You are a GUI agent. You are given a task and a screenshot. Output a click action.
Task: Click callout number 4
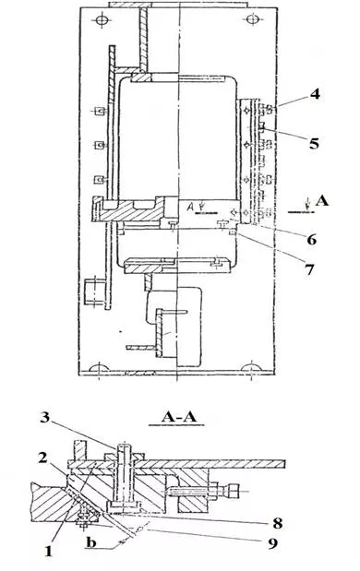(315, 94)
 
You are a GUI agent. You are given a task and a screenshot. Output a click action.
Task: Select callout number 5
(314, 143)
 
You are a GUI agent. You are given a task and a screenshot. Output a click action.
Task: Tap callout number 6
(312, 240)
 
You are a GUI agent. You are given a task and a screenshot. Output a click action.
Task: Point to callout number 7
(309, 269)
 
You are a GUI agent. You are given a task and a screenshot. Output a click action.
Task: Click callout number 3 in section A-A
(44, 417)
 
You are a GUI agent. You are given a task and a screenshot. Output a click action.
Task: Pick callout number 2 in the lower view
(43, 458)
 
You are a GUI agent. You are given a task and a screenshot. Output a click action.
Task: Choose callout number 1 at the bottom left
(48, 552)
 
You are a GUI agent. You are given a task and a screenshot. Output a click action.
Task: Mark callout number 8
(278, 524)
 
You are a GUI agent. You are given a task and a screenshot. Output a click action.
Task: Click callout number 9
(272, 543)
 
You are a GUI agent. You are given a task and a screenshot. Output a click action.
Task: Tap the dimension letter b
(91, 542)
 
